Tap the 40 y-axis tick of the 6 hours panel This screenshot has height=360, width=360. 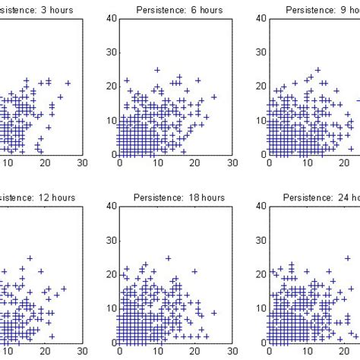tap(110, 18)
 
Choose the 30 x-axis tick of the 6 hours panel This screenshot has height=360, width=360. tap(232, 163)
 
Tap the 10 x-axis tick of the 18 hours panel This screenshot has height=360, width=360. tap(157, 351)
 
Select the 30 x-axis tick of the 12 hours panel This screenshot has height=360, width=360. tap(82, 351)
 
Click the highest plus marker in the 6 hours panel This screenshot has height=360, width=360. tap(157, 70)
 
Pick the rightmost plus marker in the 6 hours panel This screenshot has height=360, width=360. tap(214, 96)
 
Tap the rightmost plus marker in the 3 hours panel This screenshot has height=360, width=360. tap(68, 83)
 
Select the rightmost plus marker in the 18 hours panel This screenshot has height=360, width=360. tap(214, 312)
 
